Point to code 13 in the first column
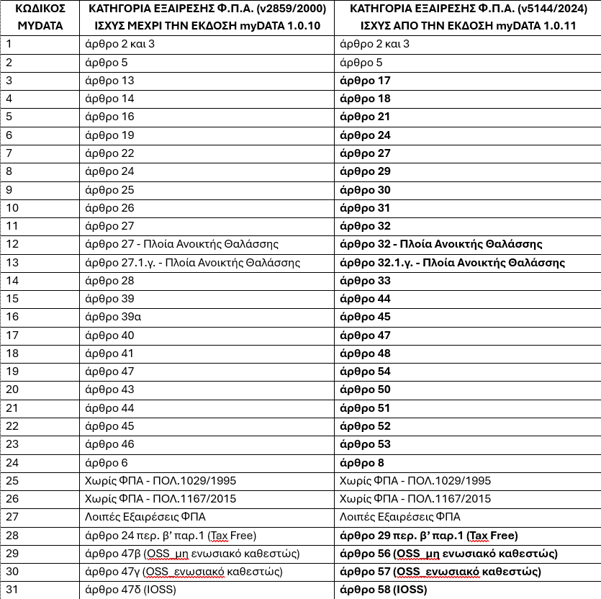(13, 262)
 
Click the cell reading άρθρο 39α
(111, 317)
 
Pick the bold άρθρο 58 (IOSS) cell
(383, 590)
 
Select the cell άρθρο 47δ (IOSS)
(130, 590)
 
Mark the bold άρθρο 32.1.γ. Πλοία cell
(452, 262)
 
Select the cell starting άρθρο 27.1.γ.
(192, 262)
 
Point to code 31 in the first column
(13, 590)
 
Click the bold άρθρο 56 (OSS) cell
(448, 554)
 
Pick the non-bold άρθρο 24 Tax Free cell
(171, 536)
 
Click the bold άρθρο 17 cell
(364, 81)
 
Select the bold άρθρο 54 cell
(364, 371)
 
